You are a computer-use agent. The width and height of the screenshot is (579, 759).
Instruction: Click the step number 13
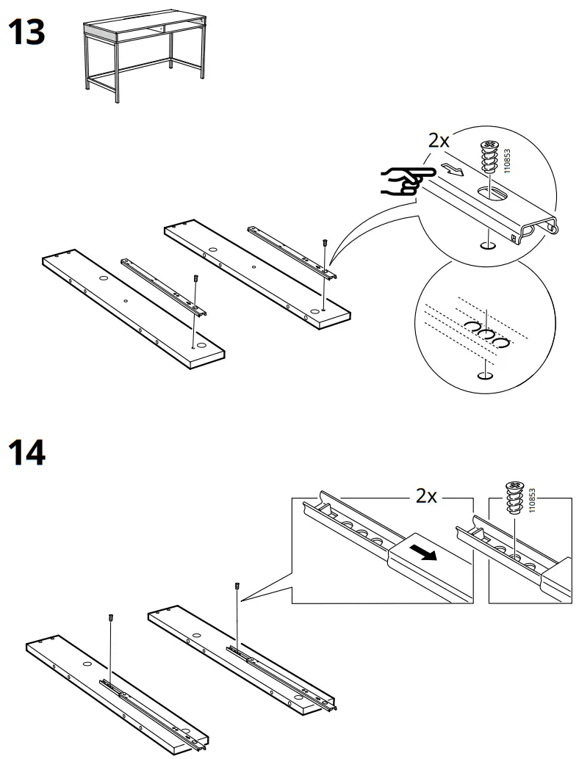(26, 33)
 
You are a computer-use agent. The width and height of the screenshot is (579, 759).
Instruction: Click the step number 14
(26, 453)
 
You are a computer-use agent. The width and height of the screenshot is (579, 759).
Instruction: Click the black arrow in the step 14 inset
(424, 551)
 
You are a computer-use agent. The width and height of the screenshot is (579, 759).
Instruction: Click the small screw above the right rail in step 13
(324, 241)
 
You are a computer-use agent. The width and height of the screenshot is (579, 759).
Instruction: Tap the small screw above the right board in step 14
(237, 586)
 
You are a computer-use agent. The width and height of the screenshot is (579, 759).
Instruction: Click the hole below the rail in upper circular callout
(485, 244)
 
